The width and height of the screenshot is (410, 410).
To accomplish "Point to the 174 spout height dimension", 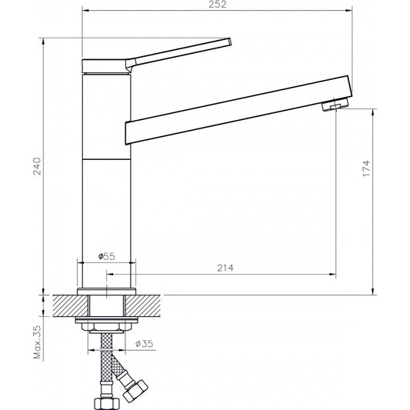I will (367, 169).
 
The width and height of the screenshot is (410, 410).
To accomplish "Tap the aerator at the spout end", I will (332, 106).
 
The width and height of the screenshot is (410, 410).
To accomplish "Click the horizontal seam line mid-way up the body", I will (107, 158).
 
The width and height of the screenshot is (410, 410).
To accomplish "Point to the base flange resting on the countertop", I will (107, 292).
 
